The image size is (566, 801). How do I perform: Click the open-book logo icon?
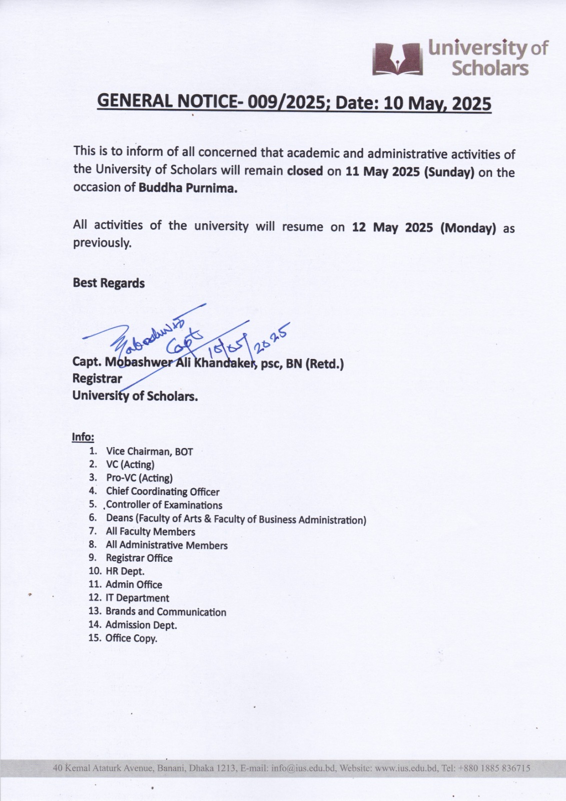coord(398,59)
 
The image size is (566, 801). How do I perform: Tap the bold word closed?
coord(305,171)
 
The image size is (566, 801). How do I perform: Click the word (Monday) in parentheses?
coord(468,228)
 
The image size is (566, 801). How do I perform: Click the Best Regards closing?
coord(109,283)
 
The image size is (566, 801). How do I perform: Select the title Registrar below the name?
coord(97,378)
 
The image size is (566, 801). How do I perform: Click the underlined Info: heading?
coord(83,437)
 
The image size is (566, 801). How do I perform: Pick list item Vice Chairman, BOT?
coord(149,452)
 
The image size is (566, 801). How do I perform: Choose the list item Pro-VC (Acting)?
coord(139,478)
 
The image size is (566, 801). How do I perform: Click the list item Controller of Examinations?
coord(164,505)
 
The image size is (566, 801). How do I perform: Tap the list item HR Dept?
coord(125,571)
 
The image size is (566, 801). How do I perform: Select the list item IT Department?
coord(137,598)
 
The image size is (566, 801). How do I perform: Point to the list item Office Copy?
coord(131,638)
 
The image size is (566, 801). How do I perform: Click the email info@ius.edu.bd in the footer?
coord(303,768)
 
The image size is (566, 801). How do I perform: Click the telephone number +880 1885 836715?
coord(492,768)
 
